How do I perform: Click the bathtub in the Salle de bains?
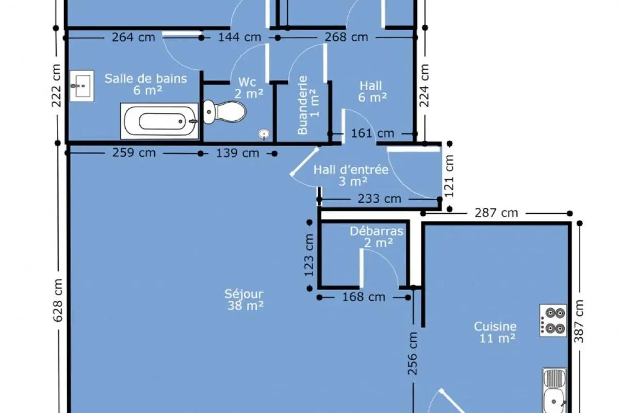click(159, 121)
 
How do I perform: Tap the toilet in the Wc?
click(225, 112)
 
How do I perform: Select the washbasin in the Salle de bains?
click(82, 86)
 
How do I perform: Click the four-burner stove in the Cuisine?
click(553, 321)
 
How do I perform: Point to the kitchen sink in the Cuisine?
click(555, 390)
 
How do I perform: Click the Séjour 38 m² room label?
click(244, 300)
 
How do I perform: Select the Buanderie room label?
click(308, 105)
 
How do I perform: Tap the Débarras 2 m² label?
click(377, 237)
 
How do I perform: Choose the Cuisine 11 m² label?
click(496, 332)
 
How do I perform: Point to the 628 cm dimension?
click(57, 300)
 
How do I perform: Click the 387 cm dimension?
click(579, 321)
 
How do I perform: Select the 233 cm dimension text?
click(380, 199)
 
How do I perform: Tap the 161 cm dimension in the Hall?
click(372, 133)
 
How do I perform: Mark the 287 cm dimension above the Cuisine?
click(496, 213)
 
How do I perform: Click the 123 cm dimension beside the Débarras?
click(309, 255)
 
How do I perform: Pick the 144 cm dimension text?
click(239, 37)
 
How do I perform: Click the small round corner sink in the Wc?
click(264, 134)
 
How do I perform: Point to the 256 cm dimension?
click(412, 354)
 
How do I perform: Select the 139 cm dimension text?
click(237, 153)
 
